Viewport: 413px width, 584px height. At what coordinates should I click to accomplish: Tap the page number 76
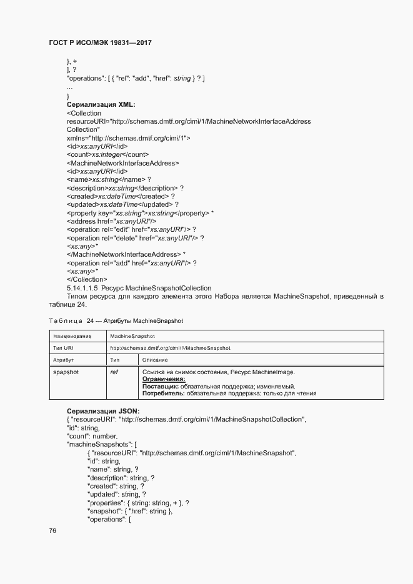(52, 530)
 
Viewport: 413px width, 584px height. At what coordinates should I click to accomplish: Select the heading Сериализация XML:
(101, 105)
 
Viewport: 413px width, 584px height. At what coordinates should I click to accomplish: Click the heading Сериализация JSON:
(103, 410)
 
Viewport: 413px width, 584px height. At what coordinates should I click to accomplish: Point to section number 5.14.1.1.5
(82, 288)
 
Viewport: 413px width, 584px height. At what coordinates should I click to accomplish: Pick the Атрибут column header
(64, 360)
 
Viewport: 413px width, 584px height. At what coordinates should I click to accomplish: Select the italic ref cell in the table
(114, 372)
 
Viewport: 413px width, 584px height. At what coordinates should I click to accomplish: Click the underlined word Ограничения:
(164, 379)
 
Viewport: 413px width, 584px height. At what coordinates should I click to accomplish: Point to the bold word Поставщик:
(162, 386)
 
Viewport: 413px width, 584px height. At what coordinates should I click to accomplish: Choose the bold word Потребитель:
(165, 393)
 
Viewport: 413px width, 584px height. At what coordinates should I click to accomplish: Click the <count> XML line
(107, 154)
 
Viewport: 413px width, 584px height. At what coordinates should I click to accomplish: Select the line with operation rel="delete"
(135, 238)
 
